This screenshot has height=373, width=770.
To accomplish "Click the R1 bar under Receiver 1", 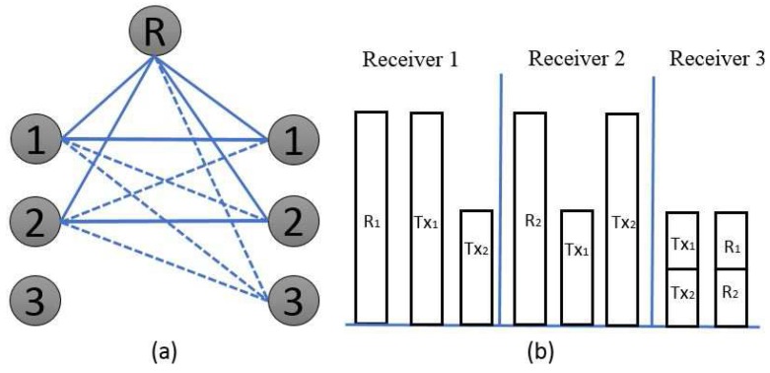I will point(372,217).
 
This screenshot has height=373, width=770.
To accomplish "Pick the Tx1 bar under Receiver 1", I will point(426,217).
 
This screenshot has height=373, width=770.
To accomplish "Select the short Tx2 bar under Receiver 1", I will point(477,266).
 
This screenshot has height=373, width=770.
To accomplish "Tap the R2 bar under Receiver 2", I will point(529,217).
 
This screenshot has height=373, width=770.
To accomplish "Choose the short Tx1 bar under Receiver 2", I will point(577,266).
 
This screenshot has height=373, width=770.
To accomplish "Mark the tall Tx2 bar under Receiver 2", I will point(623,218).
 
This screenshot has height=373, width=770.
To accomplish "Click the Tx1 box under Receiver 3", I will point(682,241).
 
